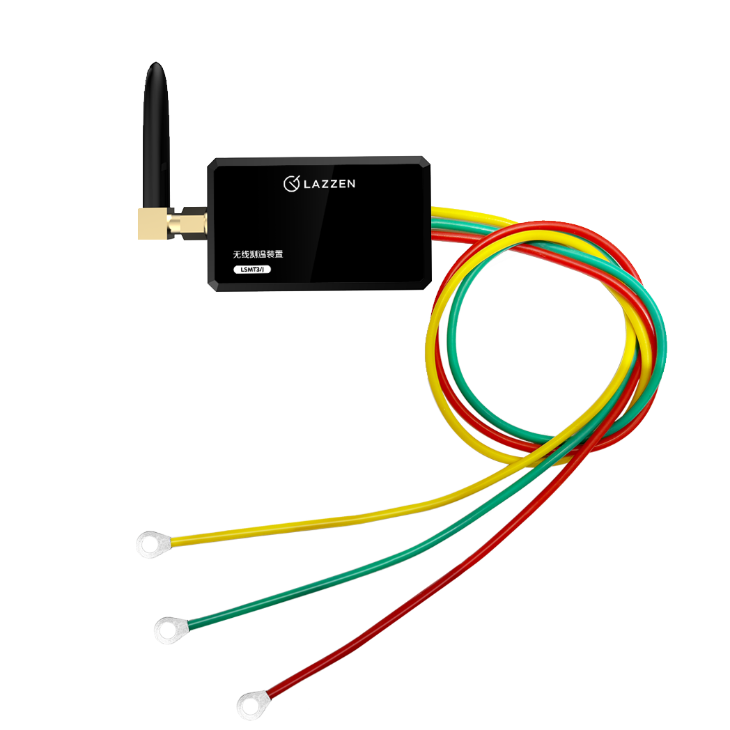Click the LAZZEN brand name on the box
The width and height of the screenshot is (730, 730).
pyautogui.click(x=329, y=184)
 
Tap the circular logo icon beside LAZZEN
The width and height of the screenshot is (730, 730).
pyautogui.click(x=291, y=184)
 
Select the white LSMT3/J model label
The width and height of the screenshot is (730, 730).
pyautogui.click(x=252, y=270)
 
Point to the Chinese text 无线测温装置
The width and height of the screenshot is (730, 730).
pyautogui.click(x=258, y=254)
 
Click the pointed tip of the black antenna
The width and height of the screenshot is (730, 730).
pyautogui.click(x=156, y=63)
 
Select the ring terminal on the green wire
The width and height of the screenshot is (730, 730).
pyautogui.click(x=171, y=630)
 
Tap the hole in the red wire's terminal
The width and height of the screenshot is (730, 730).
pyautogui.click(x=250, y=706)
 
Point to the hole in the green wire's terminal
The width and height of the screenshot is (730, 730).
pyautogui.click(x=168, y=631)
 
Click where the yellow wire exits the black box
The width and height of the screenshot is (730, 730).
pyautogui.click(x=433, y=212)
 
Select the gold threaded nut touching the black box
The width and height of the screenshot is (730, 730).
pyautogui.click(x=194, y=224)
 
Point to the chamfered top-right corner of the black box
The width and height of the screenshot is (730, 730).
pyautogui.click(x=426, y=161)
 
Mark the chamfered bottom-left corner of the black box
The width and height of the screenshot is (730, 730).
pyautogui.click(x=212, y=286)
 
